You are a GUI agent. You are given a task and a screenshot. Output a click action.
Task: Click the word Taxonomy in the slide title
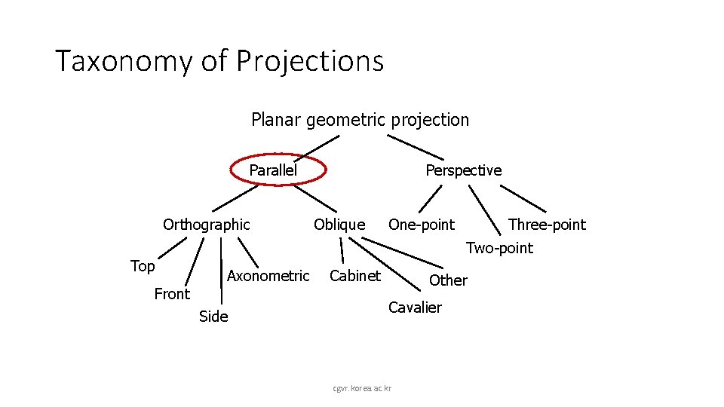coord(124,61)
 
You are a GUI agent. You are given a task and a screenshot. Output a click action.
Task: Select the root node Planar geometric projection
coord(360,120)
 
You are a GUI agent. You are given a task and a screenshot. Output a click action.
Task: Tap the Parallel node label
coord(273,170)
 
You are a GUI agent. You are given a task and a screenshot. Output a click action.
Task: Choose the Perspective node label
coord(463,170)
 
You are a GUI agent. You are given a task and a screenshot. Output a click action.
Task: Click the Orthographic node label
coord(206,225)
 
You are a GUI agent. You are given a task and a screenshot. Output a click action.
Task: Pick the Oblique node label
coord(339,225)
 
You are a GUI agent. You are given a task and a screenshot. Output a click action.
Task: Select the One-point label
coord(421,225)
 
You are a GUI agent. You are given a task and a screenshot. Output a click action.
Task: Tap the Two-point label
coord(499,248)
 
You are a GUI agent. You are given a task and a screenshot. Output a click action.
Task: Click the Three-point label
coord(547,225)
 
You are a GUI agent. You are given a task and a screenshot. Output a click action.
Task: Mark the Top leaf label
coord(143,266)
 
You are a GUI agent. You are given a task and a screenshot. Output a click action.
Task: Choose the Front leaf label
coord(172,294)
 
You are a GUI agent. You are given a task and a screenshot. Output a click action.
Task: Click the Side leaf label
coord(213,317)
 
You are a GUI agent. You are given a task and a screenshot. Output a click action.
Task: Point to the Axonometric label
coord(268,276)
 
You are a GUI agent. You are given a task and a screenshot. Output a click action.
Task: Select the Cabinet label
coord(355,276)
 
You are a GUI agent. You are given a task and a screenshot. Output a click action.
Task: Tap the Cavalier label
coord(415,308)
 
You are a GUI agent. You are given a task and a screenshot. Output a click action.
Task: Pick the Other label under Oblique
coord(448,280)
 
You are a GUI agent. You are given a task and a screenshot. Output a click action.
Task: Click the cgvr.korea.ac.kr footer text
coord(363,388)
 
